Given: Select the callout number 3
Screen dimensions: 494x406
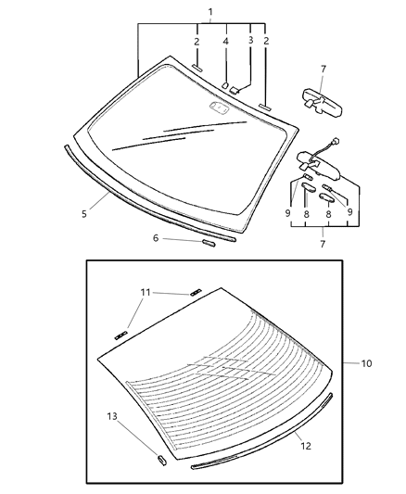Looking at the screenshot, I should (x=250, y=41).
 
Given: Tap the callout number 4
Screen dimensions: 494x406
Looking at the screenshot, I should (x=225, y=41).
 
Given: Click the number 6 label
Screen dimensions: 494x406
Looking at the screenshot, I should (x=156, y=239).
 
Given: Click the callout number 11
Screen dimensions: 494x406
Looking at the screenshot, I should (x=146, y=293).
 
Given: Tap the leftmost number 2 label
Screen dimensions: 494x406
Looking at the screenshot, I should (x=197, y=41).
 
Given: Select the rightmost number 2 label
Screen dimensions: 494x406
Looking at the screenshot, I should (x=267, y=41).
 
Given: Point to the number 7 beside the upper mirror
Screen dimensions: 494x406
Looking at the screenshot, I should (x=323, y=69).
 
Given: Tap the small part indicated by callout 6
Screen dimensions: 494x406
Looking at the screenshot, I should (x=209, y=244).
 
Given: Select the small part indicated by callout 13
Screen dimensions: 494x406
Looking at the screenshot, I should (x=160, y=458).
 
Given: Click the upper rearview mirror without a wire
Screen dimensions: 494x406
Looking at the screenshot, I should (x=315, y=97).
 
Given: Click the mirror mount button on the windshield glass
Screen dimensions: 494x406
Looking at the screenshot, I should (x=220, y=108).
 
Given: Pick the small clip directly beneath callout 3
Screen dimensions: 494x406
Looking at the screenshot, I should (x=235, y=89).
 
